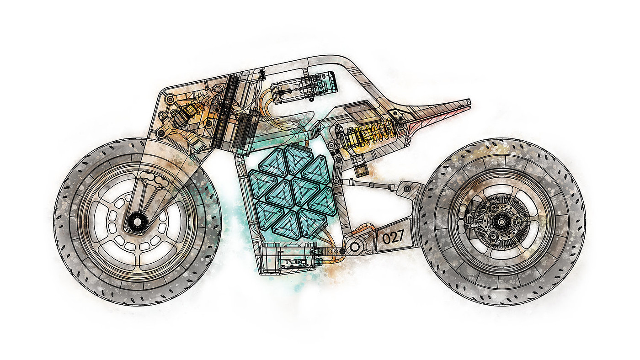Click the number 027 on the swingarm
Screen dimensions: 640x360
coord(393,237)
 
